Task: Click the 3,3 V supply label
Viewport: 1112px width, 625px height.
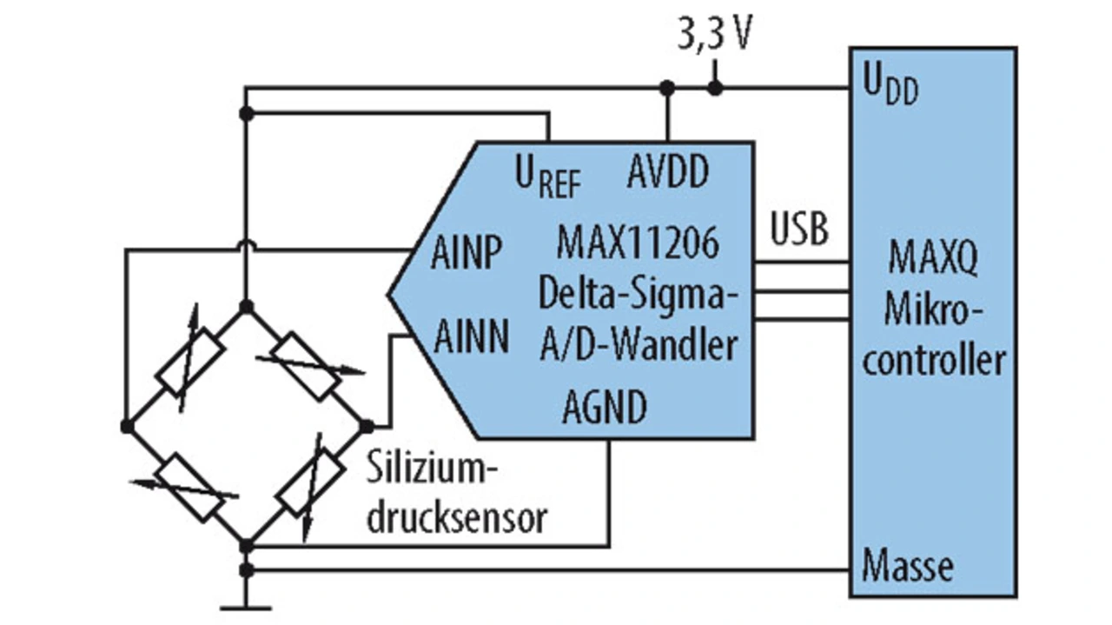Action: click(714, 37)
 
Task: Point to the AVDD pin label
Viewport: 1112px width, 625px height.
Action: click(667, 172)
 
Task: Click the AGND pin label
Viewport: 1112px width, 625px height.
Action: click(605, 407)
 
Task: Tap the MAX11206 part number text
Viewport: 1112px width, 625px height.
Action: click(639, 244)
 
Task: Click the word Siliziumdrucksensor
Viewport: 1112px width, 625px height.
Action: click(457, 496)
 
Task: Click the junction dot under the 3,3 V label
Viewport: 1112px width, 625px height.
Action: click(714, 88)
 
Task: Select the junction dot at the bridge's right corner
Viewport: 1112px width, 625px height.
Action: click(367, 426)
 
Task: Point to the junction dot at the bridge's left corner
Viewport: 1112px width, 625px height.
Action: click(128, 426)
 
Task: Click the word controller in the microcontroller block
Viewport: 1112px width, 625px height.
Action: click(934, 360)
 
